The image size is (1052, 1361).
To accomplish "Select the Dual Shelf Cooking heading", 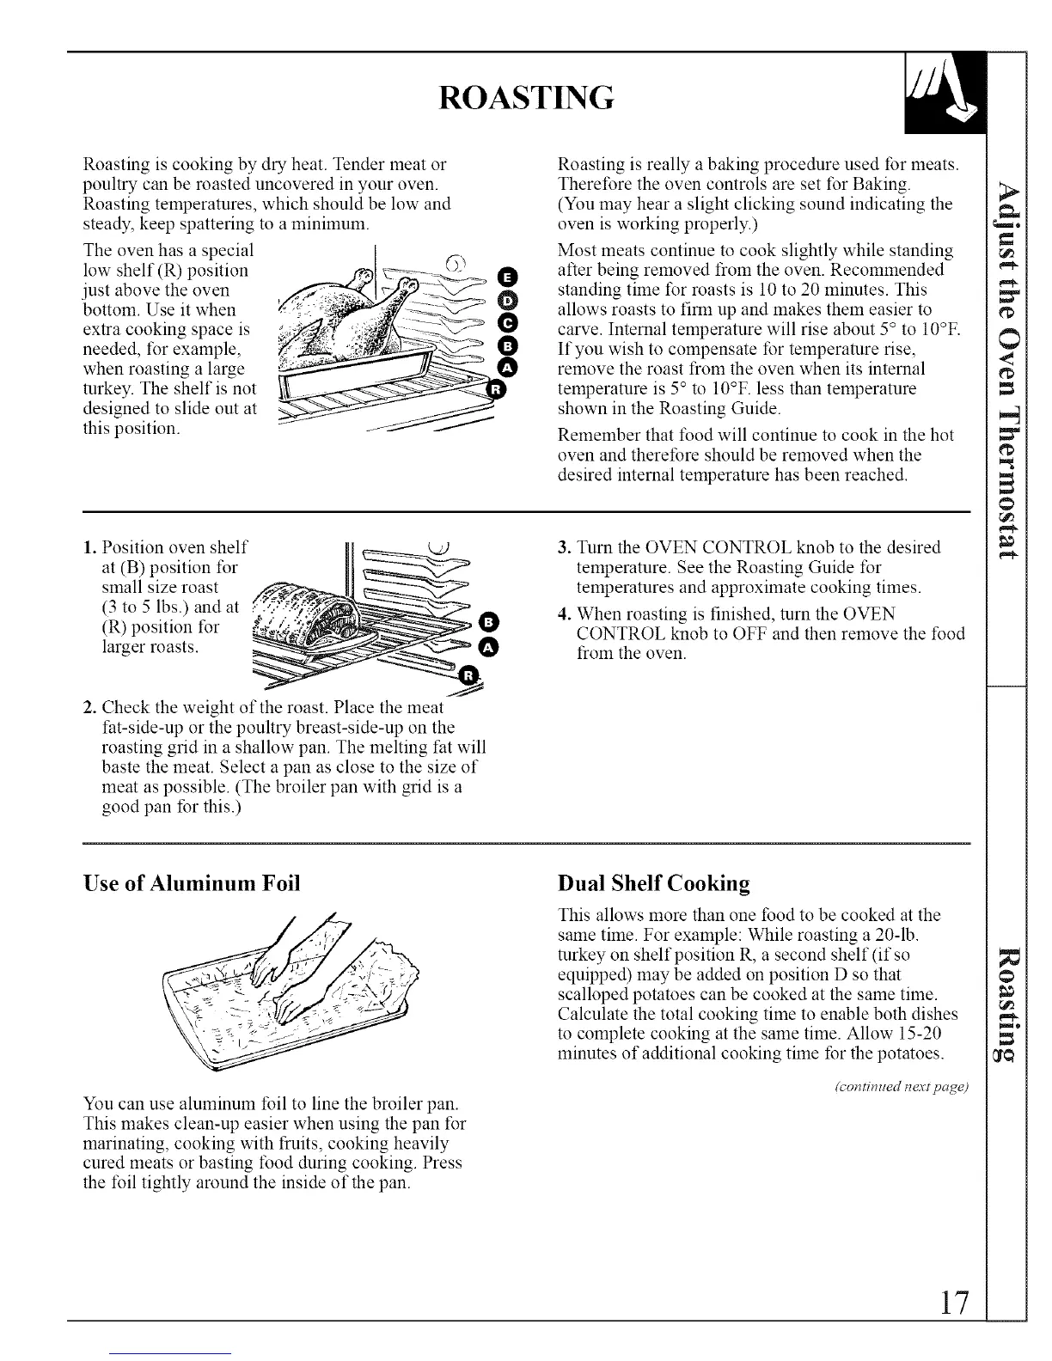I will click(x=653, y=883).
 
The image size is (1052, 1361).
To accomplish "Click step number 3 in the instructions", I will click(x=564, y=547).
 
